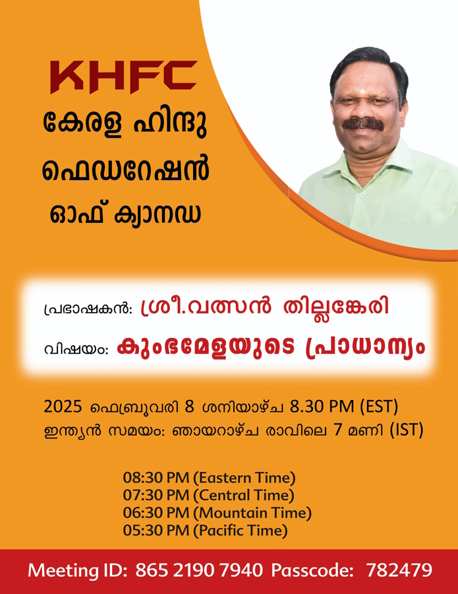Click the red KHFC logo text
coord(124,77)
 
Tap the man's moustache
coord(362,123)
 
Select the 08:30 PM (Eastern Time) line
coord(209,478)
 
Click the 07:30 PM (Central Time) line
coord(208,495)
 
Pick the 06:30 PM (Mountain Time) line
coord(217,513)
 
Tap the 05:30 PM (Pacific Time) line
coord(205,530)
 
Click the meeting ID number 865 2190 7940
coord(199,570)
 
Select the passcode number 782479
coord(399,570)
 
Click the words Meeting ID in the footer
coord(77,570)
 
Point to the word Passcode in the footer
coord(313,570)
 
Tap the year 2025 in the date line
coord(63,407)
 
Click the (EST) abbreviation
coord(379,407)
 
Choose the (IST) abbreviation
coord(407,431)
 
